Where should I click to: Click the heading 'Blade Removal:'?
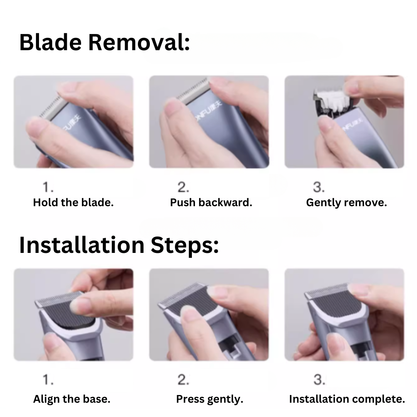point(105,42)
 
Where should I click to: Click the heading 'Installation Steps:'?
point(119,245)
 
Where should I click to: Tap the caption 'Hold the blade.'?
point(73,203)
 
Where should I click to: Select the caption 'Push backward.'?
point(211,203)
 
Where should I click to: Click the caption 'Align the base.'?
point(71,399)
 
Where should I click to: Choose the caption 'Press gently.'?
point(210,399)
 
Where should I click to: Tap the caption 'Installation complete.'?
point(347,399)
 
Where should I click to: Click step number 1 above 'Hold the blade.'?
point(48,187)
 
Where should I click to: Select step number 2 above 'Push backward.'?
point(183,187)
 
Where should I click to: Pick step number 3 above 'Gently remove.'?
point(319,187)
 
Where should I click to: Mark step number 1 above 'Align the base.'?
point(48,380)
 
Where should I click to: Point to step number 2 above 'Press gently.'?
point(183,380)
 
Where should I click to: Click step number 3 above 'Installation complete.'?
point(319,380)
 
